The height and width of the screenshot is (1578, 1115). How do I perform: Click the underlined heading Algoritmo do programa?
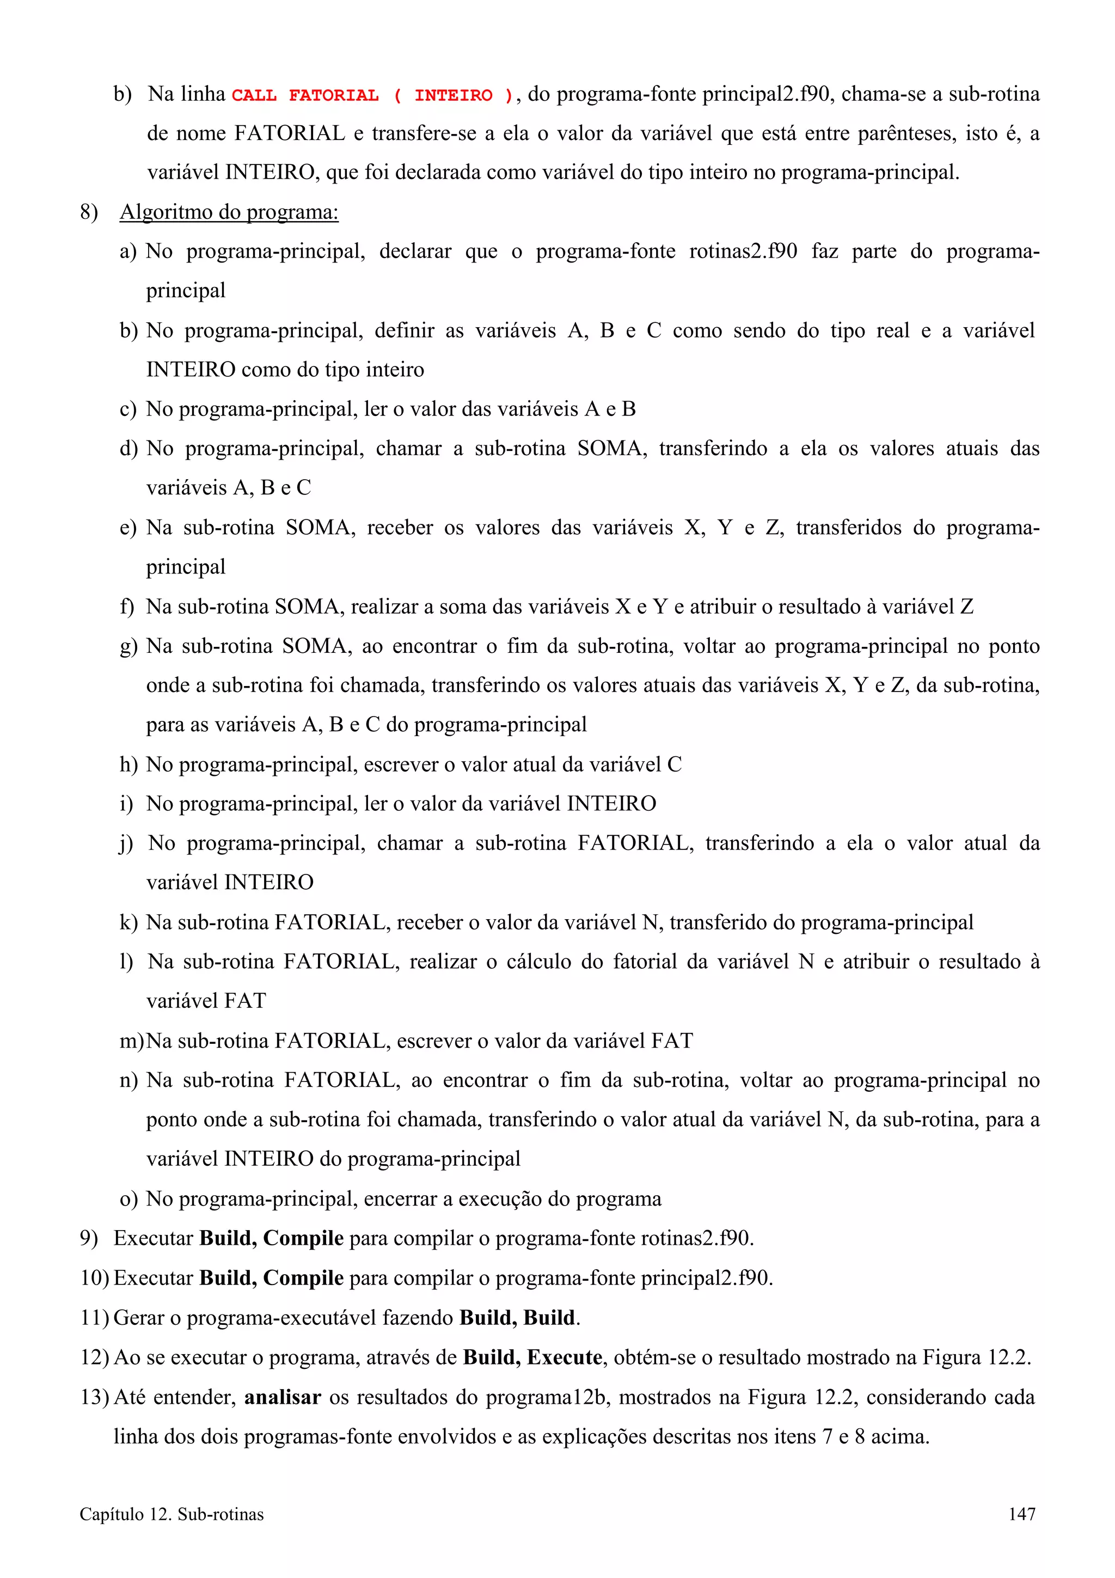[x=229, y=212]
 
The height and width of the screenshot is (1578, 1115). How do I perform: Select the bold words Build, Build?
[x=518, y=1318]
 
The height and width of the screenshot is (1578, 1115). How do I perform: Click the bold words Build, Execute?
[x=532, y=1357]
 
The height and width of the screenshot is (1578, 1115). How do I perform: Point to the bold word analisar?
[x=283, y=1397]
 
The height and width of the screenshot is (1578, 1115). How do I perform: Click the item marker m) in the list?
[x=131, y=1041]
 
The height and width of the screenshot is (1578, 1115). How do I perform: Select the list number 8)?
[x=89, y=212]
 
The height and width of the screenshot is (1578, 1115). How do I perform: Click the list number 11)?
[x=94, y=1318]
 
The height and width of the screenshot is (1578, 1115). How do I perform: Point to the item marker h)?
[x=128, y=764]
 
